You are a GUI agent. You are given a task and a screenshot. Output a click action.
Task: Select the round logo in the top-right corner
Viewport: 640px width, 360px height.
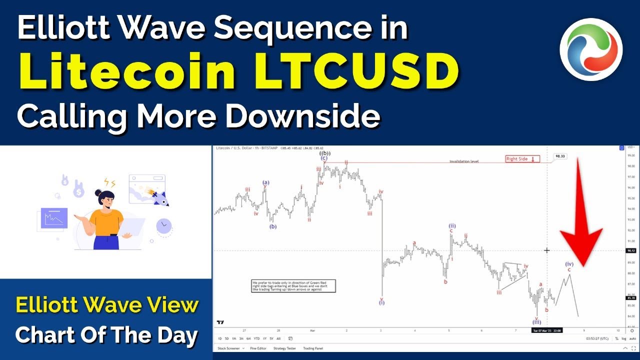point(590,49)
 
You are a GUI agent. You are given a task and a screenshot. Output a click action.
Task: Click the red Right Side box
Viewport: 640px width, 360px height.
point(522,159)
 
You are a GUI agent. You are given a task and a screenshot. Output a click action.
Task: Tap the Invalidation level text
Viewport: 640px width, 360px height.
point(463,161)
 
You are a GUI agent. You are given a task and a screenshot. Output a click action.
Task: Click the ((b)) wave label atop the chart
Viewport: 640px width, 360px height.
point(324,153)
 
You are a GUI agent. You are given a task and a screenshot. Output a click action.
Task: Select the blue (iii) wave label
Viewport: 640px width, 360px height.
point(536,322)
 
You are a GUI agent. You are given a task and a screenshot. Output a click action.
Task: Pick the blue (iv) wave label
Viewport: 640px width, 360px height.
point(569,263)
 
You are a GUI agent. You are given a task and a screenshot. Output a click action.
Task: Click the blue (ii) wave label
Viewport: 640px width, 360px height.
point(451,225)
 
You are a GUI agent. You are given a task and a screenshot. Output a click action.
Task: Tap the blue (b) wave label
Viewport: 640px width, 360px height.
point(272,226)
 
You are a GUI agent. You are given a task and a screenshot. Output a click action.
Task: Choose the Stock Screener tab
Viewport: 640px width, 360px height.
point(227,348)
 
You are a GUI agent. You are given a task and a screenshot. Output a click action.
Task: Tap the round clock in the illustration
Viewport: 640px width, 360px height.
point(163,226)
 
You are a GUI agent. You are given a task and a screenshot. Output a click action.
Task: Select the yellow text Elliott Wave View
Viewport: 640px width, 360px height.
point(107,304)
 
